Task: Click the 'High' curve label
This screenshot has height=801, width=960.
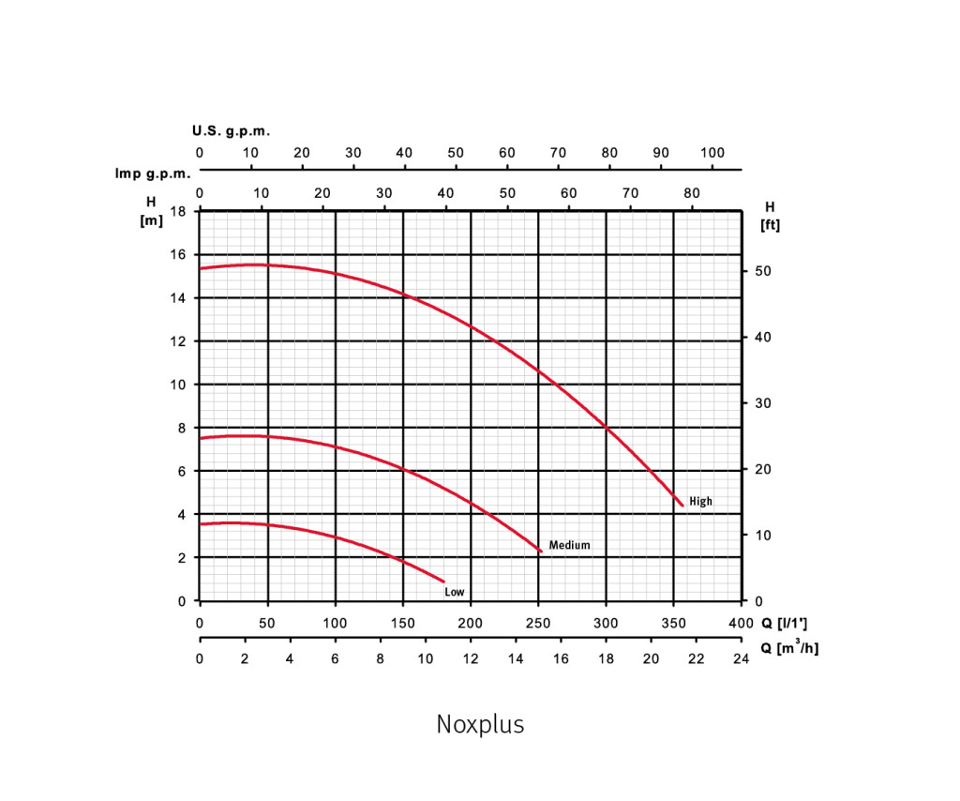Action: [x=700, y=502]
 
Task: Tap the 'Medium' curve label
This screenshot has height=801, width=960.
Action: [x=569, y=545]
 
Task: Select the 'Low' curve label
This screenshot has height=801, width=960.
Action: [x=454, y=592]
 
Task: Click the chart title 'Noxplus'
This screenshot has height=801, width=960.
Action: [x=480, y=725]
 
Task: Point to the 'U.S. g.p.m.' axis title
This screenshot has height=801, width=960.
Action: [x=231, y=130]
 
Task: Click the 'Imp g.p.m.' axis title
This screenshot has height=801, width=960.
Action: [x=153, y=174]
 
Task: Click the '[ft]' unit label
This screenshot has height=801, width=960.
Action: [x=770, y=225]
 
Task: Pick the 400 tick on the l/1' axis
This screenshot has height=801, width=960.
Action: [x=740, y=624]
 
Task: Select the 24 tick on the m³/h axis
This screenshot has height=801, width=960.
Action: [x=741, y=659]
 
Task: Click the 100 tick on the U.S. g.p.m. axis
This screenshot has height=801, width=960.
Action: [x=712, y=153]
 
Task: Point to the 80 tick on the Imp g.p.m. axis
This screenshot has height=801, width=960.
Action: [x=692, y=193]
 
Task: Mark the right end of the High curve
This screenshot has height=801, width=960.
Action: [x=682, y=506]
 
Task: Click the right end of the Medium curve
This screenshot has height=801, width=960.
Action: [x=542, y=552]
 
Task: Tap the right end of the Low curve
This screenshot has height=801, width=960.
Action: [x=443, y=582]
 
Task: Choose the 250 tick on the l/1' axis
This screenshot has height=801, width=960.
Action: [x=538, y=624]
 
